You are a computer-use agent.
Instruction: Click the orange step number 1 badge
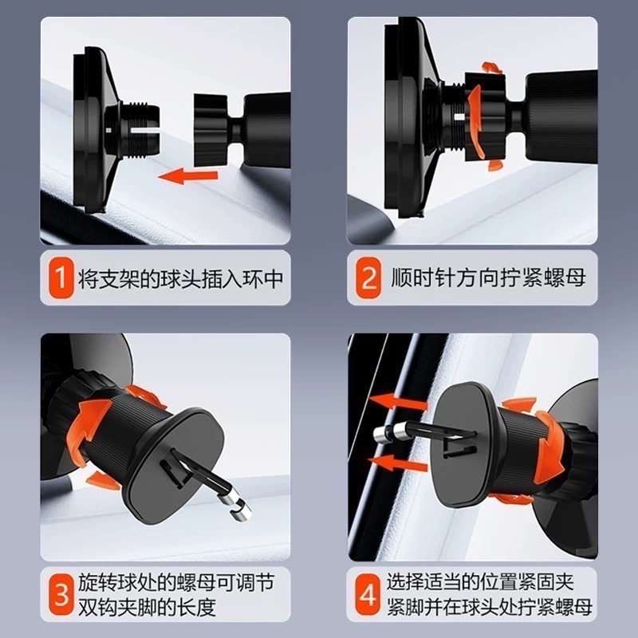pos(61,278)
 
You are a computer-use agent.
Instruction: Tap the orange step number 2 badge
pos(368,278)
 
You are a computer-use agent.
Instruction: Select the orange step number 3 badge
pos(61,594)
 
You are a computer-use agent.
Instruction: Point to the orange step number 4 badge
pos(368,594)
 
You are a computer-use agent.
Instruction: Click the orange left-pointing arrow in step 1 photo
pos(188,176)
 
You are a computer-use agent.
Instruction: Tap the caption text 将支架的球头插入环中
pos(181,278)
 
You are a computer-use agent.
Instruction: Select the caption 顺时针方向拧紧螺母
pos(488,278)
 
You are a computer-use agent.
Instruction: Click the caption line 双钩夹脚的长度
pos(147,608)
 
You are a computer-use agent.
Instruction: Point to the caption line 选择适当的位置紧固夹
pos(480,582)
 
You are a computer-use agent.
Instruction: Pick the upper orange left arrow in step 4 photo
pos(396,400)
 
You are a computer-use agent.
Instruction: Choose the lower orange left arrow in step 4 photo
pos(396,463)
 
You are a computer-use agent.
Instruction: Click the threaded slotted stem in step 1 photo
pos(137,131)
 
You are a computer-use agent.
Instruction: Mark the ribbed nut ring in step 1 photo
pos(211,130)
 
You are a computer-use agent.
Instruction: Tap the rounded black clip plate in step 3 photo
pos(175,464)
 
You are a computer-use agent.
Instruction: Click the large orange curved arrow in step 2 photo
pos(475,122)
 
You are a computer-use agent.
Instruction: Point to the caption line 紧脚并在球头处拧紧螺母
pos(489,607)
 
